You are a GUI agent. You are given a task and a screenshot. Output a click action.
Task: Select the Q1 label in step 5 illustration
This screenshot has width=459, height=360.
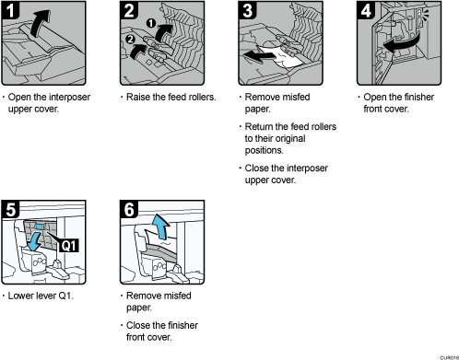tap(70, 245)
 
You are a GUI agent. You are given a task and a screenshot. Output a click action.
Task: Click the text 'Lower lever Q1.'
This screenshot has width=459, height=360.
tap(44, 296)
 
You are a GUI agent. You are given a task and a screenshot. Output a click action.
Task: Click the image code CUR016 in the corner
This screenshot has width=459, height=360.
tap(446, 354)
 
